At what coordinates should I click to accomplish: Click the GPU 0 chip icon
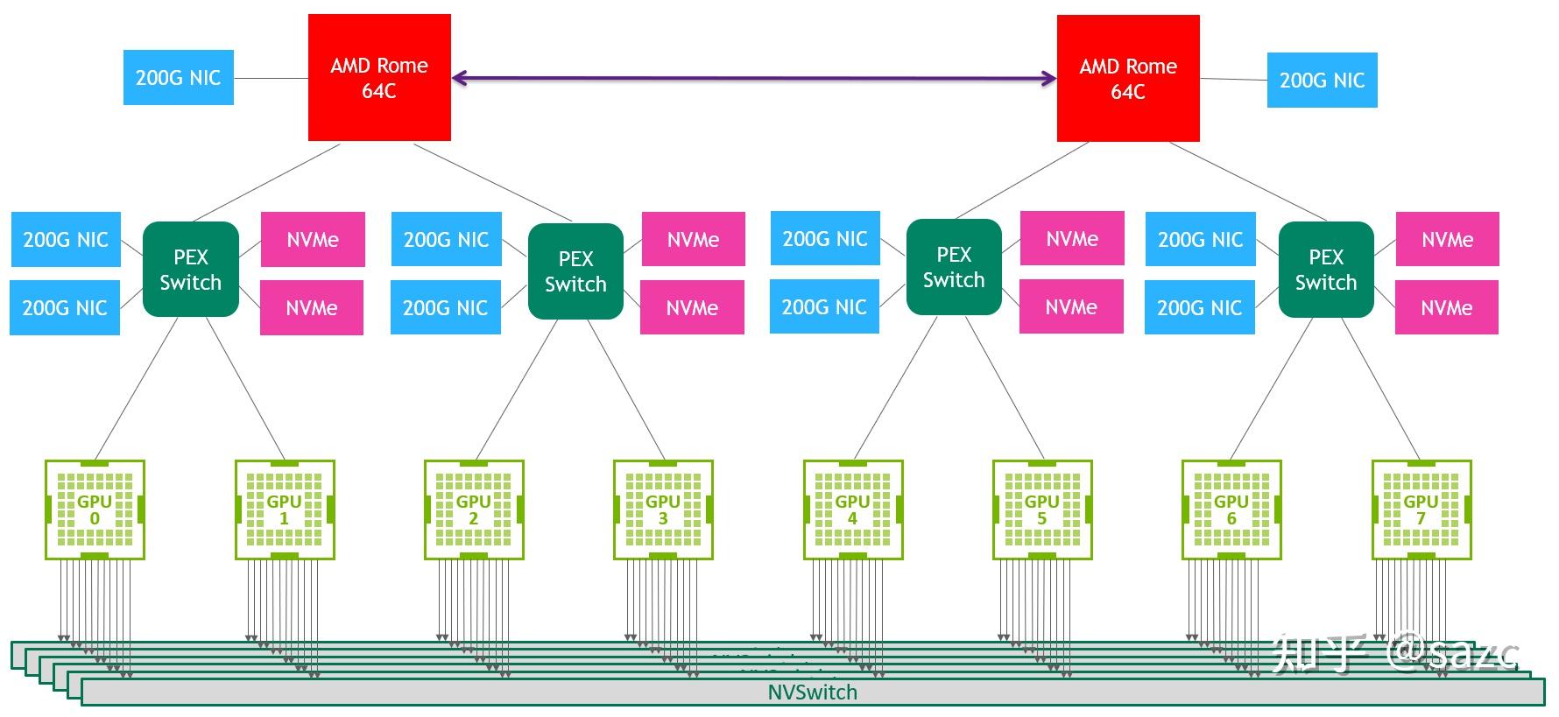(x=95, y=510)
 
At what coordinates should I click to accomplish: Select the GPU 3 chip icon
(x=663, y=510)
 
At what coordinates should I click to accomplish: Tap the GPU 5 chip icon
(x=1042, y=510)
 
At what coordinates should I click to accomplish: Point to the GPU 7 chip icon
(x=1421, y=510)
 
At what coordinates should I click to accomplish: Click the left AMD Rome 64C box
(x=379, y=78)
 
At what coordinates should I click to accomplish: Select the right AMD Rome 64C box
(x=1128, y=79)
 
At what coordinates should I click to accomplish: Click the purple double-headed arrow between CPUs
(x=753, y=79)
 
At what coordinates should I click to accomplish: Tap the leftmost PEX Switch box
(x=190, y=270)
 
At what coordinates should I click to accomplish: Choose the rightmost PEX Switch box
(x=1326, y=270)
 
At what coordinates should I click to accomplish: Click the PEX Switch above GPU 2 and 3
(x=575, y=271)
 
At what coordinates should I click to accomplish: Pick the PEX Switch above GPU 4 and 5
(x=954, y=267)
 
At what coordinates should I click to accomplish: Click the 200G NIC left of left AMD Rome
(x=178, y=78)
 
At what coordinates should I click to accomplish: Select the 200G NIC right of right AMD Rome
(x=1322, y=81)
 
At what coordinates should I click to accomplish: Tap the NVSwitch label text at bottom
(x=812, y=692)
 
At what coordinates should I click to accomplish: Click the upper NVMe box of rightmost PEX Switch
(x=1447, y=239)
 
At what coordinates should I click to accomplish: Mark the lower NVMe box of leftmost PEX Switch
(x=312, y=307)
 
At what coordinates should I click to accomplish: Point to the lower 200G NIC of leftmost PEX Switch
(x=65, y=307)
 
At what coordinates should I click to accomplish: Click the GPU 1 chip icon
(x=284, y=510)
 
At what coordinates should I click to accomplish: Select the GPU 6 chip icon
(x=1231, y=510)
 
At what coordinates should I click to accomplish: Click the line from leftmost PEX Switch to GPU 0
(x=137, y=387)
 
